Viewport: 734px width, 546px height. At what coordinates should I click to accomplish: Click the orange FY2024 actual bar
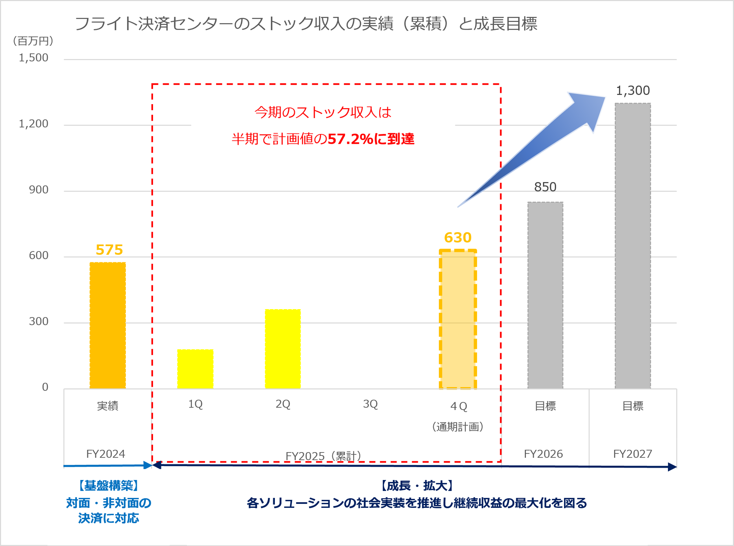tap(108, 326)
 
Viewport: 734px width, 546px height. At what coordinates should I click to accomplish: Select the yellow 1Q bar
tap(195, 369)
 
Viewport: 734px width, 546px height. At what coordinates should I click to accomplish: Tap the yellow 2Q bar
tap(283, 349)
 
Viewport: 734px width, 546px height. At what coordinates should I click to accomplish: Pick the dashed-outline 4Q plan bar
tap(458, 319)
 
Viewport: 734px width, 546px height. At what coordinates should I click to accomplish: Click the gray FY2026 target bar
tap(545, 295)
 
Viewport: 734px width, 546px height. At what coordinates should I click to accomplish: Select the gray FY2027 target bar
tap(633, 246)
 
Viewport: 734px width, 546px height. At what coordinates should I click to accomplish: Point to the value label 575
tap(109, 250)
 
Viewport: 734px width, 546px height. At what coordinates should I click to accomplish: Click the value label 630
tap(458, 238)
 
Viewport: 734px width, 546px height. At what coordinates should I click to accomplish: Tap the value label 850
tap(545, 187)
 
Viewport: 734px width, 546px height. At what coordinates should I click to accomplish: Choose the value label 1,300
tap(633, 91)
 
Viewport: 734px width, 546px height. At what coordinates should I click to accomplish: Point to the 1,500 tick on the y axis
tap(33, 58)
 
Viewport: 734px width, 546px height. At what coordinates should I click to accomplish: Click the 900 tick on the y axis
tap(39, 190)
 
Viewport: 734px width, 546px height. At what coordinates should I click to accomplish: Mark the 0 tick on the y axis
tap(45, 387)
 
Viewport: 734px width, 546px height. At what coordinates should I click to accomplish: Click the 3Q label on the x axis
tap(370, 404)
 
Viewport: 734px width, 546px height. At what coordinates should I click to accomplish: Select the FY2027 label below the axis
tap(633, 454)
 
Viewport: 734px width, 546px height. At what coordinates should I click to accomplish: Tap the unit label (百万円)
tap(33, 41)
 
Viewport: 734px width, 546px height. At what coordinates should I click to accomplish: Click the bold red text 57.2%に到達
tap(371, 139)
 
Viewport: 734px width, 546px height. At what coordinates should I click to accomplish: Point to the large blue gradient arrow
tap(539, 147)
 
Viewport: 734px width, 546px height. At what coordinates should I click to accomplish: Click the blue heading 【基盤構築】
tap(109, 485)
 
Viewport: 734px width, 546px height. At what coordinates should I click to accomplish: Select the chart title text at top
tap(306, 24)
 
